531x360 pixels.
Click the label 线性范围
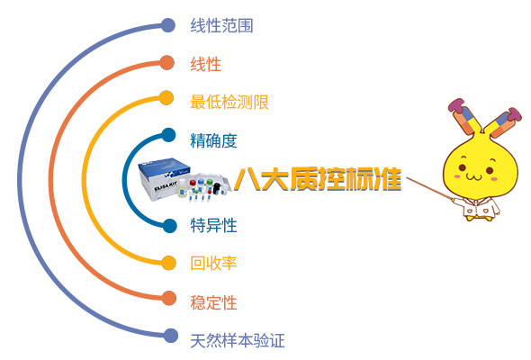(221, 26)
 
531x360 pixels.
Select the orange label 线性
(205, 65)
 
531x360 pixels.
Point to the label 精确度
(213, 139)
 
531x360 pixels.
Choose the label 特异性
(213, 226)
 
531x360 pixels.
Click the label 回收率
(213, 264)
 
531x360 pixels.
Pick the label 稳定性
(213, 301)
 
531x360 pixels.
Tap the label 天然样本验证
(238, 340)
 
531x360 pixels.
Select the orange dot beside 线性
(167, 63)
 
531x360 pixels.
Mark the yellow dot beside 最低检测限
(167, 100)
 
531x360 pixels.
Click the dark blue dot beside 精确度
(168, 137)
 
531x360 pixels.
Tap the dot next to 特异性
(168, 224)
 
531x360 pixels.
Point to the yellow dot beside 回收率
(167, 262)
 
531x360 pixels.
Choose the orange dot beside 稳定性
(167, 299)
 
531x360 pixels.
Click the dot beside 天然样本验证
(169, 337)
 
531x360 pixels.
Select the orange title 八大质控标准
(317, 176)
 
